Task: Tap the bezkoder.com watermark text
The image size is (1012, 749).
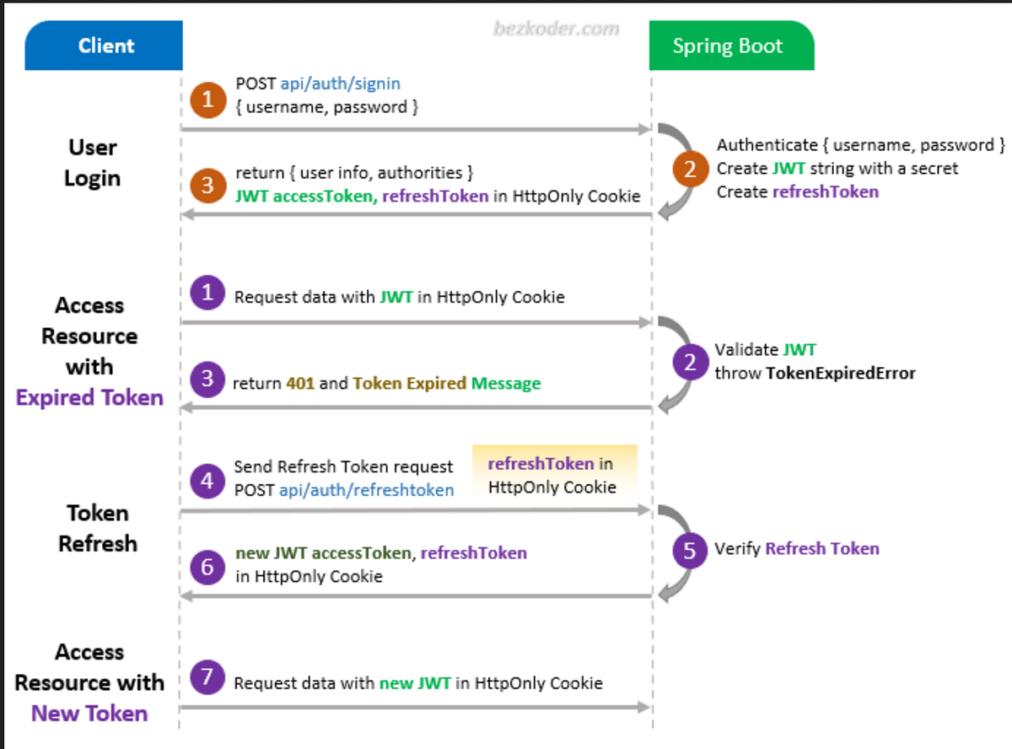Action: click(556, 29)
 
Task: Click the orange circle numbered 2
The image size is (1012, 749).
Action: click(691, 170)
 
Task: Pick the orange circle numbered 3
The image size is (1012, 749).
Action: click(207, 185)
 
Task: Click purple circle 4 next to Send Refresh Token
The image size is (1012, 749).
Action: click(207, 481)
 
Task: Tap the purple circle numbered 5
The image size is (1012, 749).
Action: click(691, 550)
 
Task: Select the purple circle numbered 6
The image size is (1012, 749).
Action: click(207, 566)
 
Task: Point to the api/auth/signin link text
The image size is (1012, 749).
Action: click(340, 84)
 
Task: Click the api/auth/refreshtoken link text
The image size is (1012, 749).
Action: click(367, 490)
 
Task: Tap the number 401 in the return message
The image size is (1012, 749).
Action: click(300, 383)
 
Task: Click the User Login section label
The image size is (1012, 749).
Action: click(93, 163)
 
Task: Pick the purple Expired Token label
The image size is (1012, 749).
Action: click(89, 397)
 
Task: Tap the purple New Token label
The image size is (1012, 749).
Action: click(89, 714)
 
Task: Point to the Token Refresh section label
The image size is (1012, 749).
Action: click(98, 528)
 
